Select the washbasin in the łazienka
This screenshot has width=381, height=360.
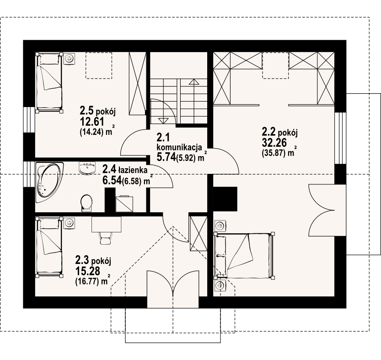pos(87,168)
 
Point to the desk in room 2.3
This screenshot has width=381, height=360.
pos(107,224)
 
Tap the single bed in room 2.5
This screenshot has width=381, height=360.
pos(48,83)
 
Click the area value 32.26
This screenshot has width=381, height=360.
pos(274,142)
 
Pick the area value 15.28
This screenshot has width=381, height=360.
pos(88,270)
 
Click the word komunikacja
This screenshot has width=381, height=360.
pos(179,147)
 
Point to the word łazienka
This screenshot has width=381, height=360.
pos(133,169)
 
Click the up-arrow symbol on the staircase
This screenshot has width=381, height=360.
pos(193,82)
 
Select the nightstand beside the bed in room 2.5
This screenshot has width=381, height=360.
pos(70,58)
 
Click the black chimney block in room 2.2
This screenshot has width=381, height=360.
pos(225,199)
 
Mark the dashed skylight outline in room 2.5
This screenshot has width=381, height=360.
pos(99,65)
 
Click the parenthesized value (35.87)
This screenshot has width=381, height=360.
pos(274,153)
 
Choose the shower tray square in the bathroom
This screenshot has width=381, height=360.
pos(124,204)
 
